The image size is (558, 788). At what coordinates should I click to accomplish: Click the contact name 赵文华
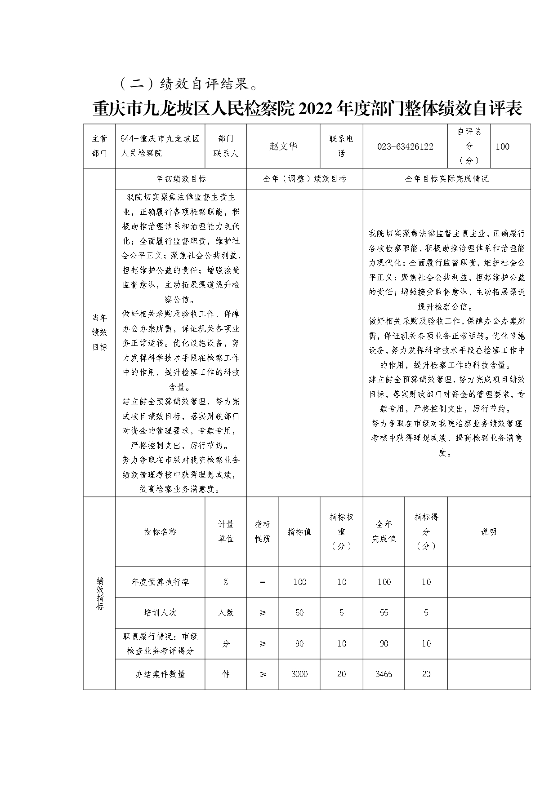click(283, 146)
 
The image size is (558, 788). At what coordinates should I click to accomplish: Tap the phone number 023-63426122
click(405, 146)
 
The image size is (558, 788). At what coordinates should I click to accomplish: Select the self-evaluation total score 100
click(502, 146)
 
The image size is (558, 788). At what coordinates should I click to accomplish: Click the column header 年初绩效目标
click(181, 179)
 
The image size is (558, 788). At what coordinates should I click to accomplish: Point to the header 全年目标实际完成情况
click(446, 179)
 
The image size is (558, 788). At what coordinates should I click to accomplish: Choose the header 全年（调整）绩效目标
click(304, 179)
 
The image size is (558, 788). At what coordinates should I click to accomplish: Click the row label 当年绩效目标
click(99, 332)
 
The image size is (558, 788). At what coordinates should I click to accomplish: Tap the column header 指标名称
click(160, 532)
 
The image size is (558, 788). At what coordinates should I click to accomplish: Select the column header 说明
click(489, 532)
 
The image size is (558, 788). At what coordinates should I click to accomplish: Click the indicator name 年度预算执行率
click(160, 582)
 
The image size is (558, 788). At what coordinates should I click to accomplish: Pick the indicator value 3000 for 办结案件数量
click(299, 674)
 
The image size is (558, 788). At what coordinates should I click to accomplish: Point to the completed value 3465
click(384, 674)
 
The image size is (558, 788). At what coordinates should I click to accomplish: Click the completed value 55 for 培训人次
click(384, 613)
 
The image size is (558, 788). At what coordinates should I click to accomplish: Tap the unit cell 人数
click(226, 613)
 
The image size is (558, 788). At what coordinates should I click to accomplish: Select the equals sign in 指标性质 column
click(263, 582)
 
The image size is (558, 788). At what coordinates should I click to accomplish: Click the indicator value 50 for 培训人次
click(299, 613)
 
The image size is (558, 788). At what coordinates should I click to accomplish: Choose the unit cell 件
click(226, 674)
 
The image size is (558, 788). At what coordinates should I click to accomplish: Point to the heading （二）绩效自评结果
click(188, 83)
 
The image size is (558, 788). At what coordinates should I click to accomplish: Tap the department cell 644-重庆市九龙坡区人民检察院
click(160, 146)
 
